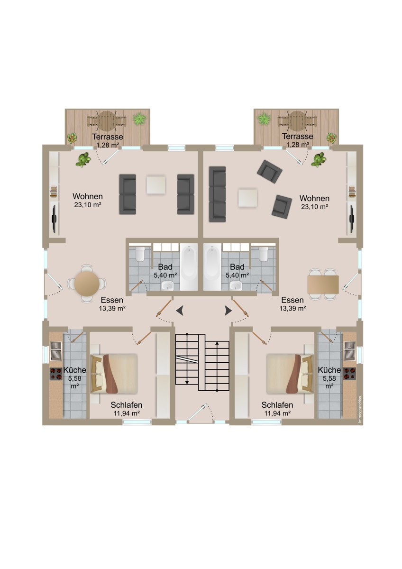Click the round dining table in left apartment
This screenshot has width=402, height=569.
(87, 283)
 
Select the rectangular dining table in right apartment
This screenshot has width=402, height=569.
(323, 284)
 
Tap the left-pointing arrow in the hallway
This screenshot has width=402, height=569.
(180, 311)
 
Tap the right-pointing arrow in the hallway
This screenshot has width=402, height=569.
(228, 311)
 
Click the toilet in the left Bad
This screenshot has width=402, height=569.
(140, 254)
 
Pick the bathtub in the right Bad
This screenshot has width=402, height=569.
(212, 266)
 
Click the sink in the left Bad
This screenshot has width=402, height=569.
(167, 285)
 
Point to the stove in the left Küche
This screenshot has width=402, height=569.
(56, 374)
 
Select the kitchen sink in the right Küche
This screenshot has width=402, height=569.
(350, 351)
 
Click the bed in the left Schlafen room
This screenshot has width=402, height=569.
(114, 374)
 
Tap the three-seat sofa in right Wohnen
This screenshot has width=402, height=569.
(218, 194)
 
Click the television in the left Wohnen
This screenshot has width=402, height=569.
(55, 219)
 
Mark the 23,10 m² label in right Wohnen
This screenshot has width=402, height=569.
(314, 207)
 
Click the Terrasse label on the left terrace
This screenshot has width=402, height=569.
(108, 137)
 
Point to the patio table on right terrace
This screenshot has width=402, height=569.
(297, 121)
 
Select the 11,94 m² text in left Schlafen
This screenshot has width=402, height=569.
(127, 413)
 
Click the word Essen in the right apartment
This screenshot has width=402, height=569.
(292, 300)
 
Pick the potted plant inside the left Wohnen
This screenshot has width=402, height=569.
(83, 159)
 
